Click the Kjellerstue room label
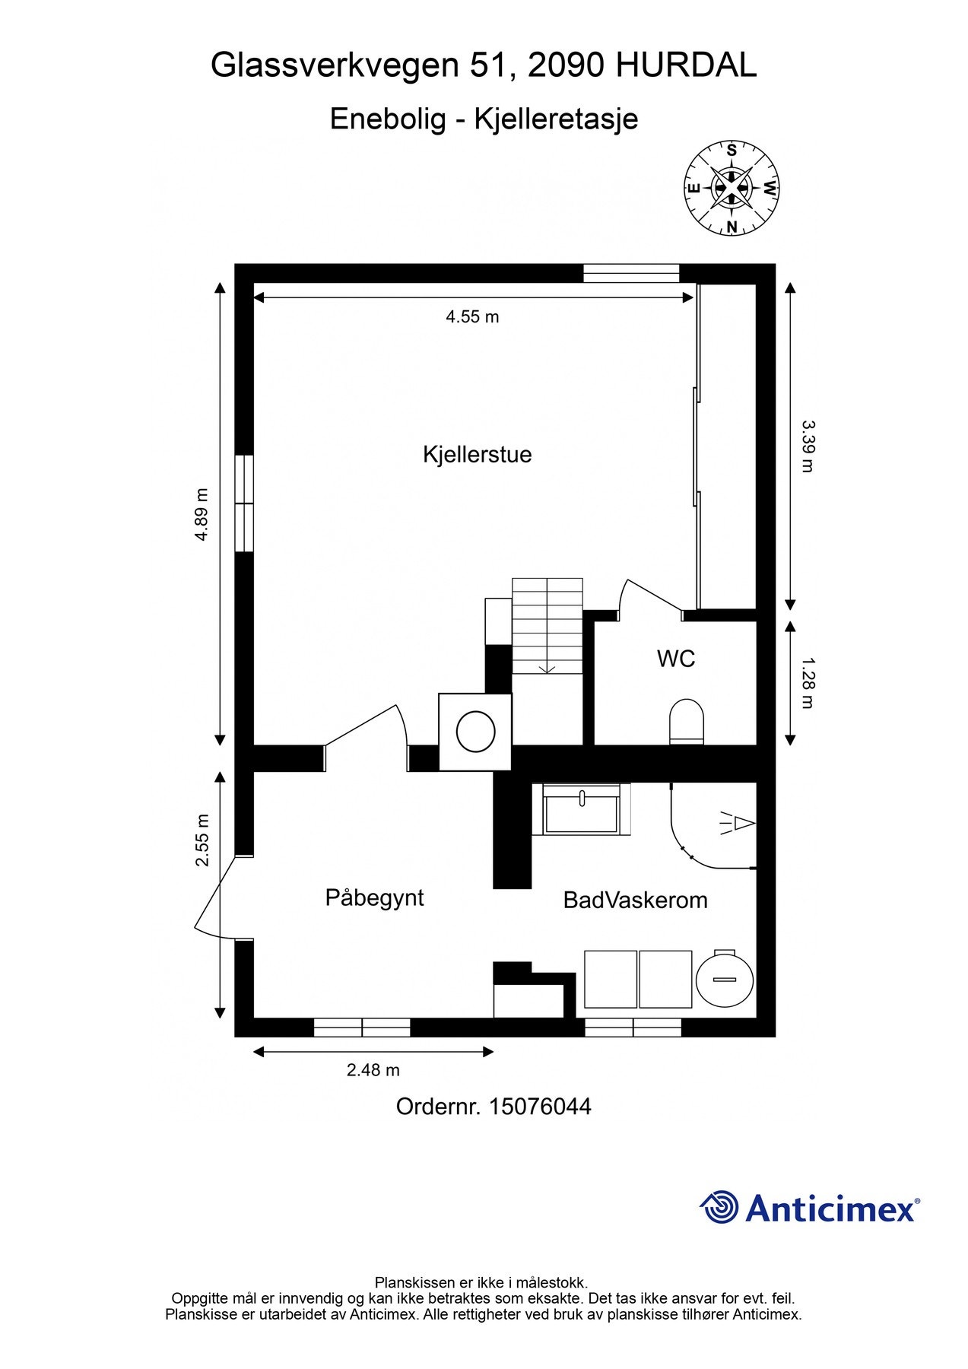pyautogui.click(x=477, y=455)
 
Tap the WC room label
pyautogui.click(x=675, y=659)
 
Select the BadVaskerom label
pyautogui.click(x=635, y=900)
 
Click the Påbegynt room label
pyautogui.click(x=374, y=897)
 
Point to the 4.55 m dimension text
pyautogui.click(x=472, y=317)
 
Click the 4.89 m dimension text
pyautogui.click(x=202, y=515)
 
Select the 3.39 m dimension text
pyautogui.click(x=808, y=446)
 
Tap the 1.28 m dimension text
pyautogui.click(x=808, y=682)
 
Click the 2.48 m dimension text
pyautogui.click(x=373, y=1070)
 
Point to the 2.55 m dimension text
pyautogui.click(x=202, y=840)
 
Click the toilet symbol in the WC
pyautogui.click(x=686, y=722)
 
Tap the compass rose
pyautogui.click(x=732, y=188)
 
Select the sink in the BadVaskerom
pyautogui.click(x=582, y=811)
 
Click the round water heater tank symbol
pyautogui.click(x=725, y=980)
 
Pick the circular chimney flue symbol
pyautogui.click(x=476, y=732)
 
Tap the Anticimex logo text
pyautogui.click(x=830, y=1209)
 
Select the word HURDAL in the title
pyautogui.click(x=686, y=66)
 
